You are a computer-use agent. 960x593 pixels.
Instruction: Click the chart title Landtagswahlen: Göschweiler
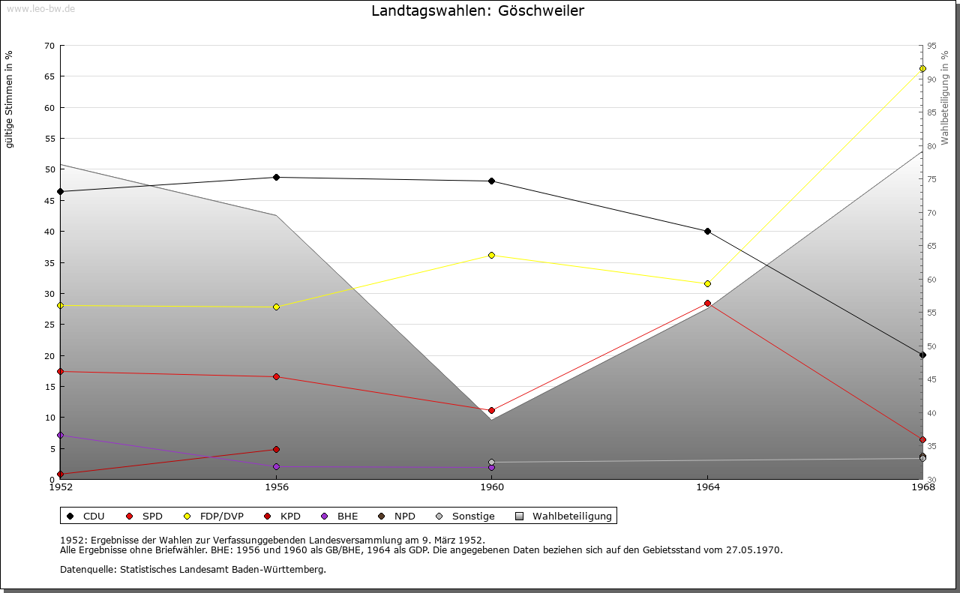tap(477, 11)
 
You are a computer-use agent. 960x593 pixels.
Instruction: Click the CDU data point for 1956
tap(276, 178)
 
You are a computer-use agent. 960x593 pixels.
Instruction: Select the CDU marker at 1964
tap(707, 232)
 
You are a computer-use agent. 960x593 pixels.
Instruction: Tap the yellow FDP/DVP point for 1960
tap(492, 256)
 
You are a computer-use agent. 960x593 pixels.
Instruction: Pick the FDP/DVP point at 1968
tap(922, 69)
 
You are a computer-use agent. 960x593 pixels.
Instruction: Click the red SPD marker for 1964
tap(707, 304)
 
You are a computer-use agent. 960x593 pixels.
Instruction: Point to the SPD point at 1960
tap(492, 411)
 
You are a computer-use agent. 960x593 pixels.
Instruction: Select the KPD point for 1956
tap(276, 450)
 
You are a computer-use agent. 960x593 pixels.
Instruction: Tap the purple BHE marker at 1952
tap(61, 436)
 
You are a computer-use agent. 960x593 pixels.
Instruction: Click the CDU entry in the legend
tap(86, 517)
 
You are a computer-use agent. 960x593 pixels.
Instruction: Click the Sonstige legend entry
tap(465, 517)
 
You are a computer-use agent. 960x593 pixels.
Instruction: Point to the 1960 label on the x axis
tap(492, 487)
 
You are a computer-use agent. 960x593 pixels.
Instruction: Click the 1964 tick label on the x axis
tap(707, 487)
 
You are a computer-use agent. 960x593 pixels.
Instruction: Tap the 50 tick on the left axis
tap(49, 169)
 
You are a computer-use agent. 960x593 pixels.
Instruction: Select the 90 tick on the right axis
tap(931, 79)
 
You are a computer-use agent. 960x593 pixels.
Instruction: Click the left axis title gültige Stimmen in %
tap(10, 99)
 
